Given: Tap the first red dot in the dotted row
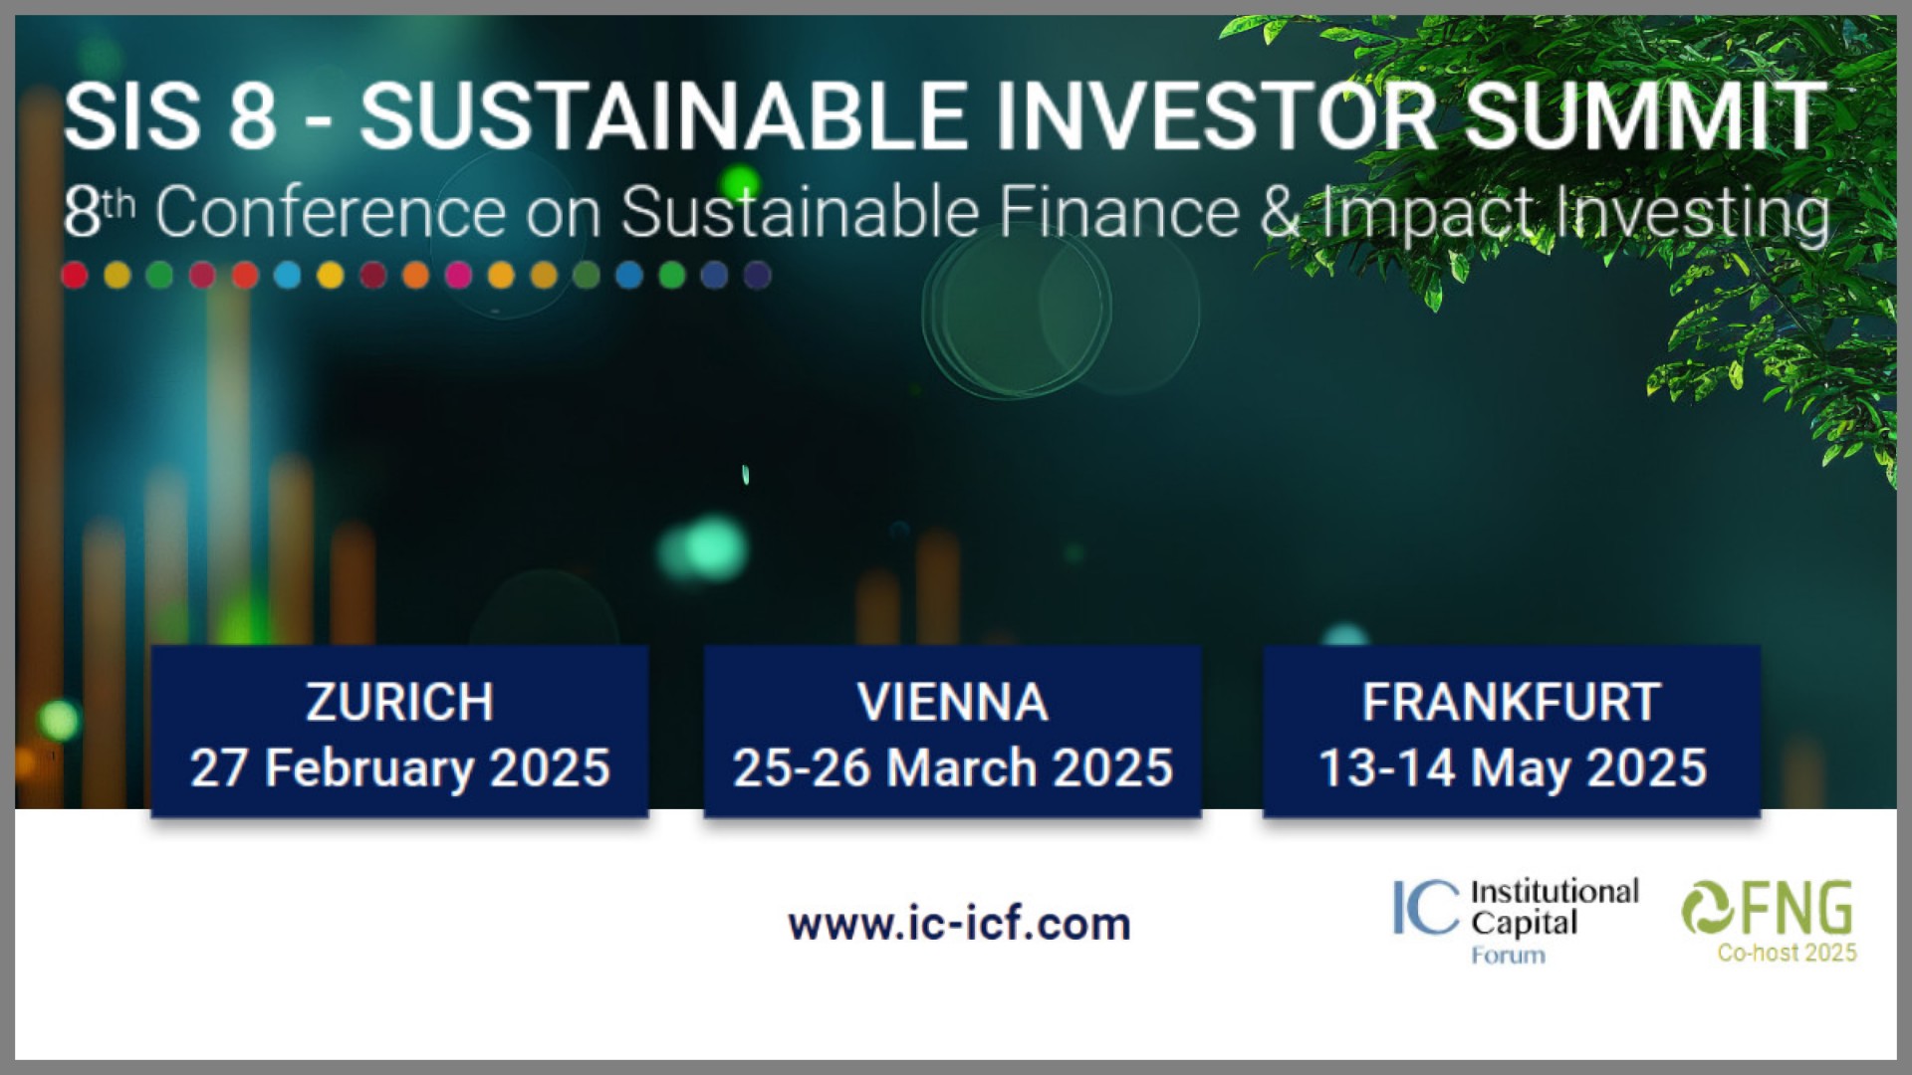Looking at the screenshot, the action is coord(75,275).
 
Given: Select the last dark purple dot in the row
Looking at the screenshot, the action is coord(758,275).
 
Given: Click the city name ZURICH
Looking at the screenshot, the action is coord(399,702).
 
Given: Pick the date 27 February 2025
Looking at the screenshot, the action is coord(399,768).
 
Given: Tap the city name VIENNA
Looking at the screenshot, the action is coord(953,702).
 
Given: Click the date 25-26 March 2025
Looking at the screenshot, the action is coord(953,768).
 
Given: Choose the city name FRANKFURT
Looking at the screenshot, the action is coord(1512,702).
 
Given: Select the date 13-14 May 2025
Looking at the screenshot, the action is coord(1512,768).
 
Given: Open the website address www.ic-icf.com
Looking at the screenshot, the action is coord(959,924).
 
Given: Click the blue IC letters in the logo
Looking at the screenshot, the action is coord(1426,907).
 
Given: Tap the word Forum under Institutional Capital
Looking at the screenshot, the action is coord(1508,956).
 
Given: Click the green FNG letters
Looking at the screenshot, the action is coord(1795,908).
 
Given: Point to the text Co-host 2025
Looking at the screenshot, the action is coord(1787,953).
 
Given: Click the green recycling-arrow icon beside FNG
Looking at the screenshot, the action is coord(1708,908).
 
